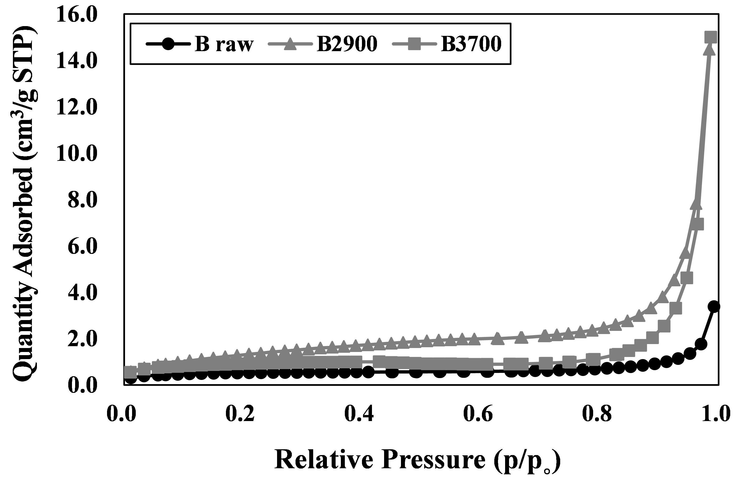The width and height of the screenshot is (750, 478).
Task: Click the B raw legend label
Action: [224, 44]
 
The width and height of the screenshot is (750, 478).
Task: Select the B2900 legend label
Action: [347, 44]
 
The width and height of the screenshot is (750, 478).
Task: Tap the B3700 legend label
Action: [471, 44]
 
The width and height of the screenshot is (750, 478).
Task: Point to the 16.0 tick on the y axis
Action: [77, 15]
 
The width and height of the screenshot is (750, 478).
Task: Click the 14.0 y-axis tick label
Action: [77, 61]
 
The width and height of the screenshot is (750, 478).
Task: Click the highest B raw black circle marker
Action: [714, 307]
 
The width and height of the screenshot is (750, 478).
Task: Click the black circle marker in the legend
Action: [168, 44]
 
